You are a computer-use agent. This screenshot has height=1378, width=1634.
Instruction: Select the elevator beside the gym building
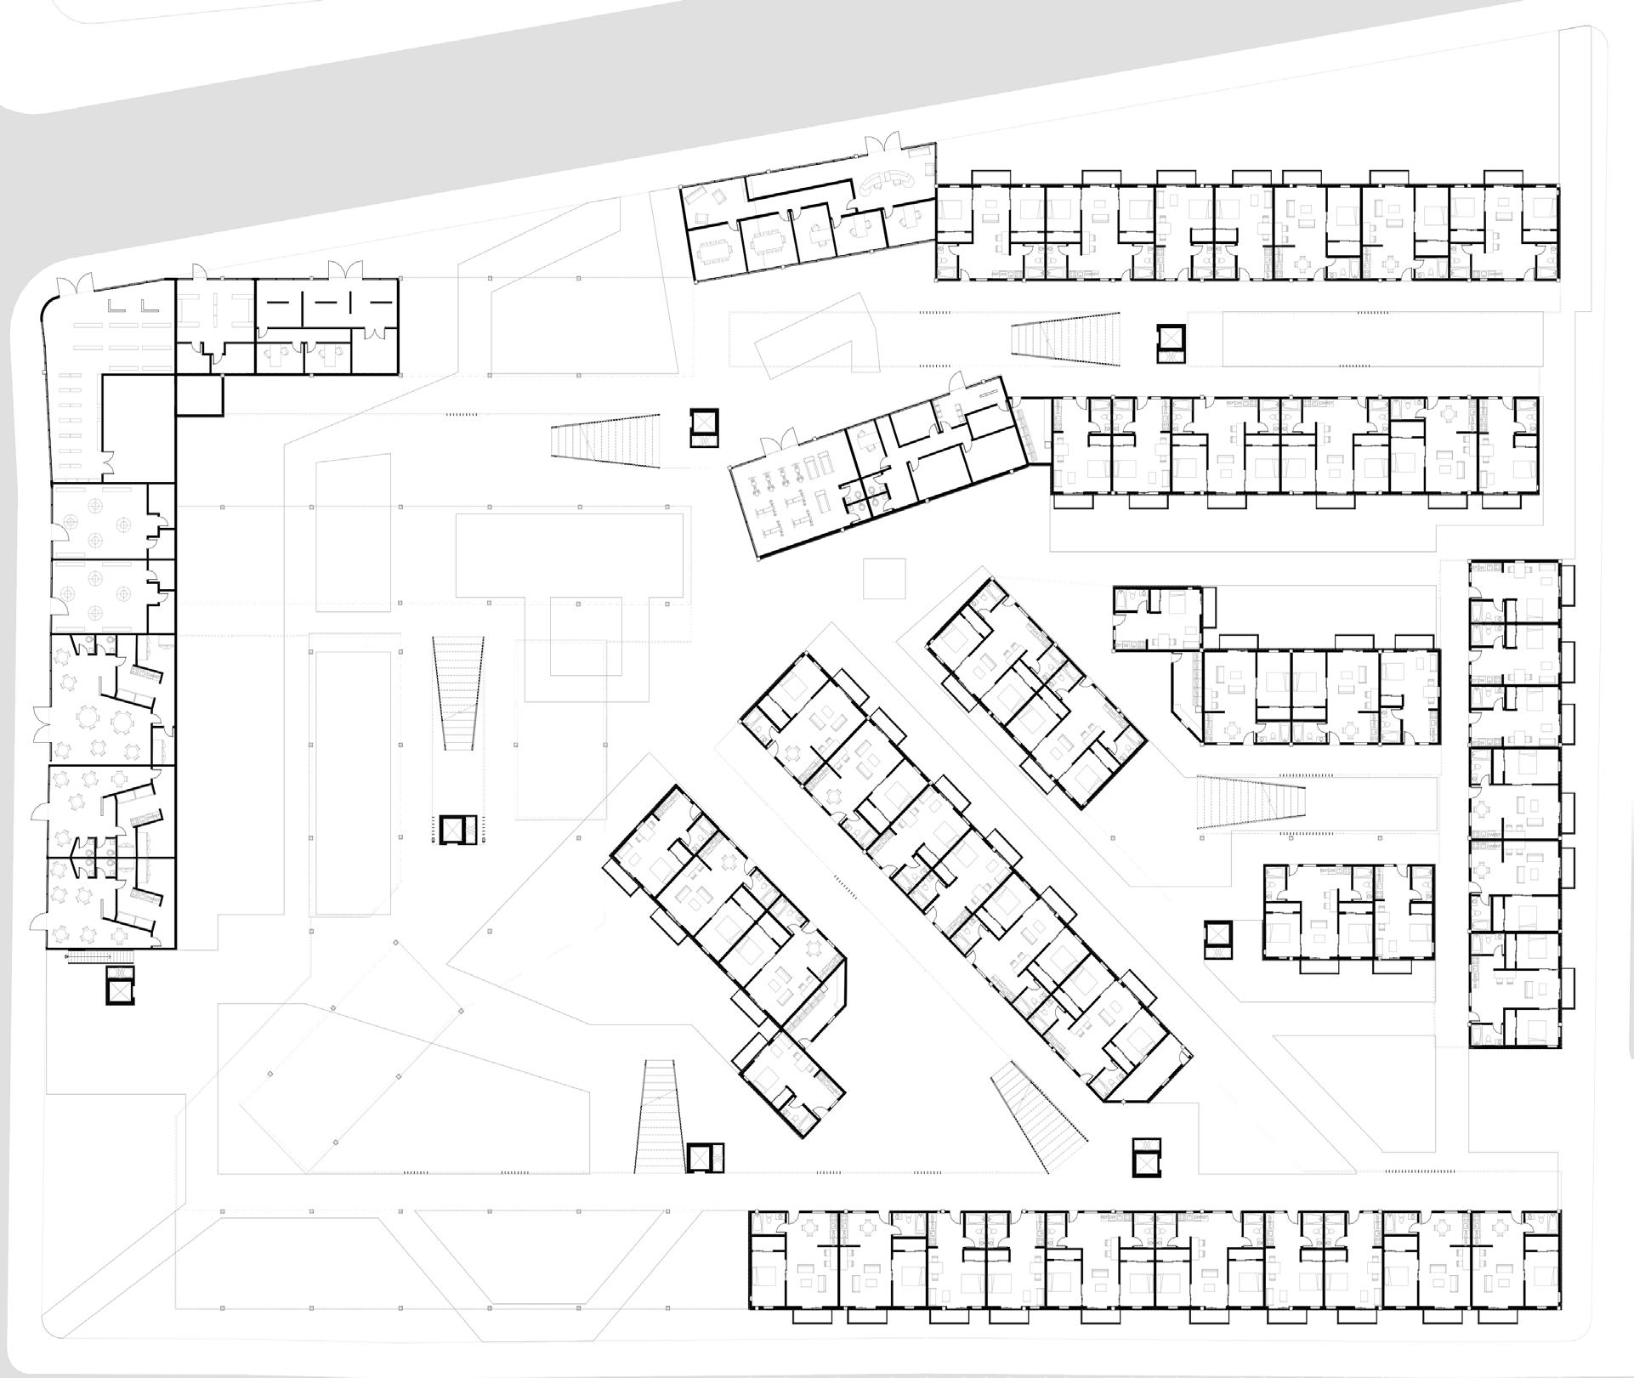click(704, 427)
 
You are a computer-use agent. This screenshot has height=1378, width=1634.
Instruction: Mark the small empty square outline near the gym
click(884, 578)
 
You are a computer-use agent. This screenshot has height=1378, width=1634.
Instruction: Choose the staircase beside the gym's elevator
click(606, 440)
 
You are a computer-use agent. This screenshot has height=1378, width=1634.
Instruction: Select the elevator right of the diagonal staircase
click(1146, 1156)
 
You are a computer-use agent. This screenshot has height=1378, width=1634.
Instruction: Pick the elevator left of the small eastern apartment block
click(1218, 940)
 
